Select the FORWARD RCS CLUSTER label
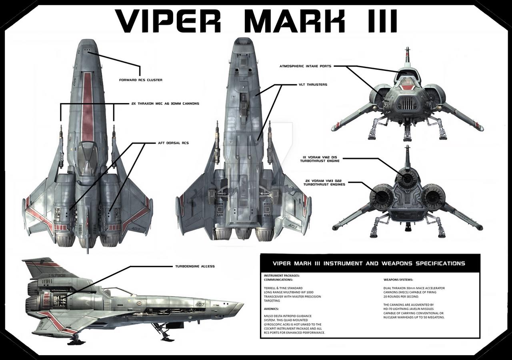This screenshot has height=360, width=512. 141,80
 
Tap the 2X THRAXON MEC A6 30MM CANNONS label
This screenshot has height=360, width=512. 165,103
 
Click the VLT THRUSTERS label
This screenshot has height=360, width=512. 313,84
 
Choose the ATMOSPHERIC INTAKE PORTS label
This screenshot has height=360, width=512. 305,66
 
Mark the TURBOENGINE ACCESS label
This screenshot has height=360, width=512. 195,266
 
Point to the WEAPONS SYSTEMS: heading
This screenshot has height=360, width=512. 398,280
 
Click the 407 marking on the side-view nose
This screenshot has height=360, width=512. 200,304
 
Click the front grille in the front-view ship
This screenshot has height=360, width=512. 407,104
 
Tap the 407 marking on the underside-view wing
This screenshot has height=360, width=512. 292,227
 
